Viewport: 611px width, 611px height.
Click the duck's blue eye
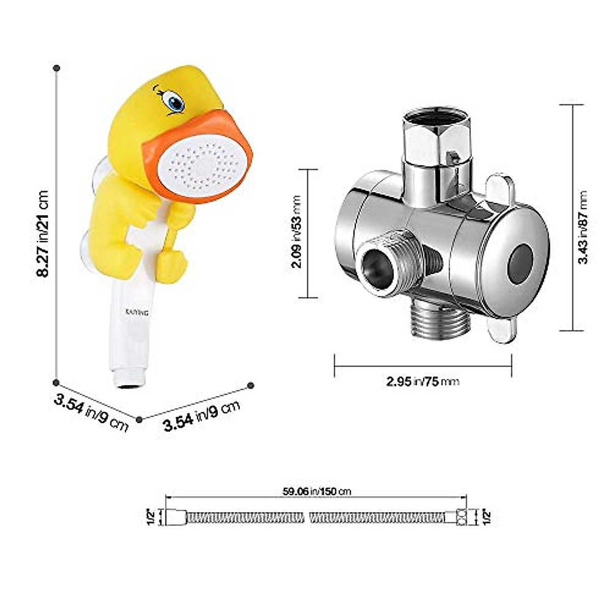pos(175,102)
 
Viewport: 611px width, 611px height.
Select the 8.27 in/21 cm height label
pos(42,234)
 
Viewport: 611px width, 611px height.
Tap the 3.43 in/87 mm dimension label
pos(583,227)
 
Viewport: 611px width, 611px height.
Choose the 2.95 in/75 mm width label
pos(423,381)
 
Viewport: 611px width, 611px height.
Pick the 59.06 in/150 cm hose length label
pos(317,491)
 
